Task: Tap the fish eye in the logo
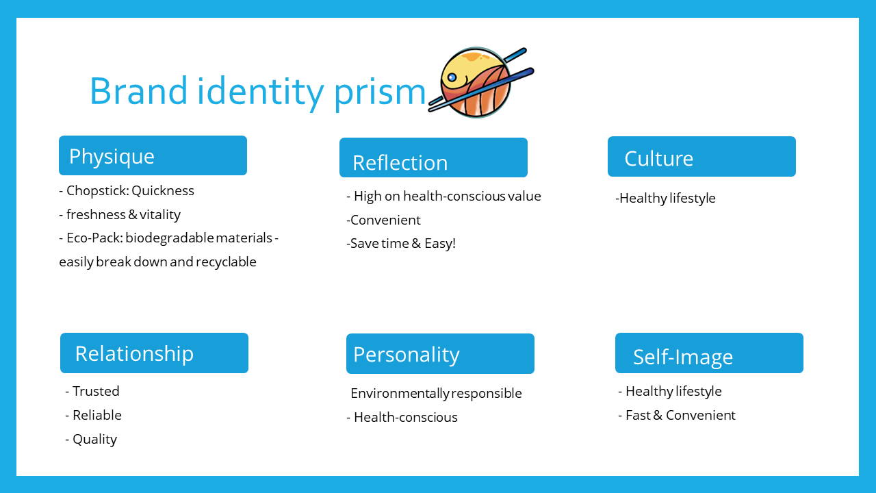pyautogui.click(x=452, y=77)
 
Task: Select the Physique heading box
pyautogui.click(x=153, y=155)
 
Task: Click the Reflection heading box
pyautogui.click(x=433, y=157)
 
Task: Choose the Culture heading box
pyautogui.click(x=701, y=156)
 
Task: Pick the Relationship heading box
pyautogui.click(x=154, y=353)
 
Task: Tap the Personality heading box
pyautogui.click(x=440, y=353)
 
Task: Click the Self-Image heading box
pyautogui.click(x=709, y=353)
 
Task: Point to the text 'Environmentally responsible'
pyautogui.click(x=436, y=394)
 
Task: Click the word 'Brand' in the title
pyautogui.click(x=139, y=91)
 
